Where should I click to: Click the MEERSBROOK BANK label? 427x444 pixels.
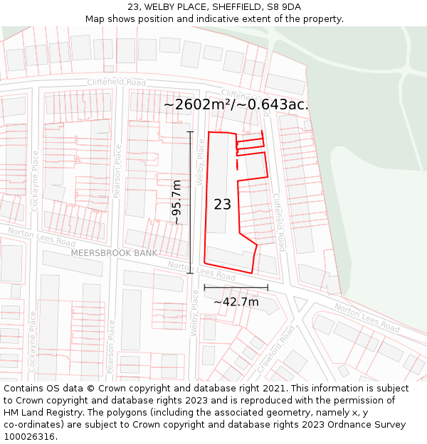pyautogui.click(x=114, y=253)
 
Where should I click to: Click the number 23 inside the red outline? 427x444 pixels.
pyautogui.click(x=222, y=205)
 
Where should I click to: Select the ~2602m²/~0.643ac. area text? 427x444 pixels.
pyautogui.click(x=236, y=104)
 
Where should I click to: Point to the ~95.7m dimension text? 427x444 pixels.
pyautogui.click(x=176, y=202)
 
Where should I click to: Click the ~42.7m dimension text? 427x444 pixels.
pyautogui.click(x=236, y=302)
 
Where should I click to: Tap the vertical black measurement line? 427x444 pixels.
pyautogui.click(x=190, y=202)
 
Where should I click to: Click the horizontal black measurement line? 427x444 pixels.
pyautogui.click(x=236, y=288)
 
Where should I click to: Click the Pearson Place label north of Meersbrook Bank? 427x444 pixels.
pyautogui.click(x=118, y=170)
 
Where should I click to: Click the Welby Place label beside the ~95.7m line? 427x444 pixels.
pyautogui.click(x=201, y=163)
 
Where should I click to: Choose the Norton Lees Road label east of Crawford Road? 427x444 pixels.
pyautogui.click(x=367, y=318)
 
